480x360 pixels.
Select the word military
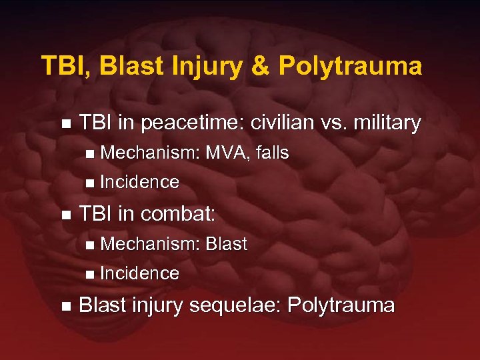tap(389, 123)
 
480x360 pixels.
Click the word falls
tap(272, 153)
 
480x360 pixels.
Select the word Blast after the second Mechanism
tap(227, 245)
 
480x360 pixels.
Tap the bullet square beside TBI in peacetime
tap(65, 124)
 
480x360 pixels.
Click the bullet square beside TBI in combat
tap(65, 215)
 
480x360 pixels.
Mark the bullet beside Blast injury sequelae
tap(65, 307)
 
